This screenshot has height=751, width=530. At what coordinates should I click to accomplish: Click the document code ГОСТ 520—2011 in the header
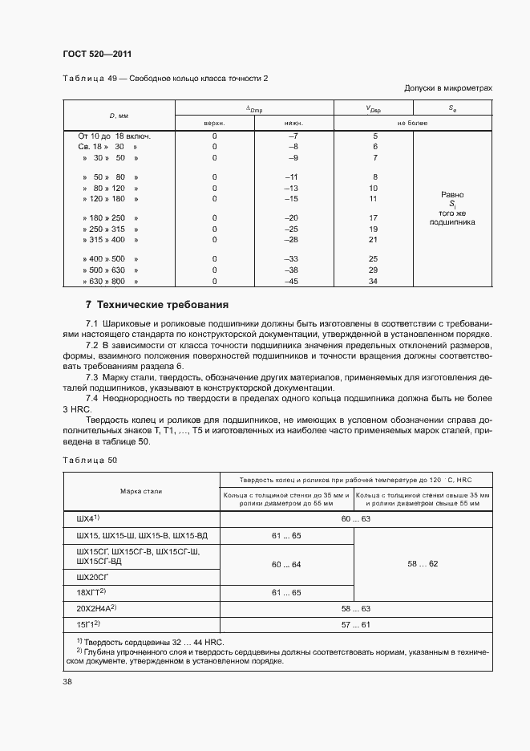97,55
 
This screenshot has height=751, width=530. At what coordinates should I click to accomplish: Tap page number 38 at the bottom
67,682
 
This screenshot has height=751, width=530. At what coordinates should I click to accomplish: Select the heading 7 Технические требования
157,305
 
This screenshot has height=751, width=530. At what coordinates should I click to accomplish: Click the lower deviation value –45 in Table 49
291,281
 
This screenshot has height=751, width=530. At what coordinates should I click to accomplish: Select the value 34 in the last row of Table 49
373,281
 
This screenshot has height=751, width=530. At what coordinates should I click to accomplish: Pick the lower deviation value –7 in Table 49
292,136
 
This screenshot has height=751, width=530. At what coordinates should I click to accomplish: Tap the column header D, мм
119,115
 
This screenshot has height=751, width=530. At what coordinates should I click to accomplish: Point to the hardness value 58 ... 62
423,564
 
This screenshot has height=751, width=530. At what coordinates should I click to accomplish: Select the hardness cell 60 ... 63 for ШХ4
355,519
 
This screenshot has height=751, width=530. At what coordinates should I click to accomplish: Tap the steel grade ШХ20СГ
94,577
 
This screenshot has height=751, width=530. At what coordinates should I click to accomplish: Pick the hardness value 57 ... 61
355,623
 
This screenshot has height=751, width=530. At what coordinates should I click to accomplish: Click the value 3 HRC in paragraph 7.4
79,408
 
